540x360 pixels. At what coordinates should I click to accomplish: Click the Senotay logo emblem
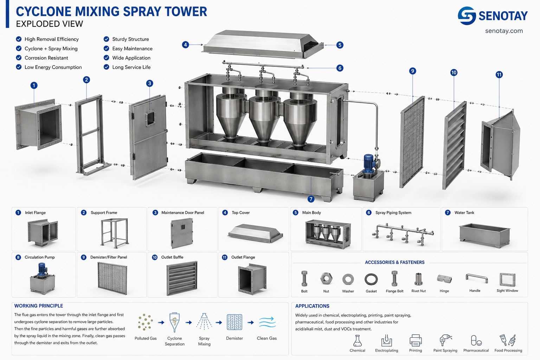pyautogui.click(x=467, y=16)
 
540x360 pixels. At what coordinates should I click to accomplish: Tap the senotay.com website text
pyautogui.click(x=504, y=31)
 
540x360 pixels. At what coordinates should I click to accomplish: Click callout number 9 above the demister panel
pyautogui.click(x=412, y=71)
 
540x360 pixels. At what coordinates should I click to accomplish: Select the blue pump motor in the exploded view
pyautogui.click(x=368, y=163)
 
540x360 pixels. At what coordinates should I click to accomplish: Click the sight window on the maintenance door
pyautogui.click(x=151, y=118)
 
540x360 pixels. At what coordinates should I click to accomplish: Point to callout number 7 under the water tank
pyautogui.click(x=311, y=199)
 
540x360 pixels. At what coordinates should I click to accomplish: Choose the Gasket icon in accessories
pyautogui.click(x=371, y=279)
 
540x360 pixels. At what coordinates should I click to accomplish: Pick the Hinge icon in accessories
pyautogui.click(x=444, y=279)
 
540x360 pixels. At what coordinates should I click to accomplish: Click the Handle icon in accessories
pyautogui.click(x=477, y=278)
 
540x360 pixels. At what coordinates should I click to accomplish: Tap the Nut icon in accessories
pyautogui.click(x=326, y=278)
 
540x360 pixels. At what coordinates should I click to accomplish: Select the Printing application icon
pyautogui.click(x=415, y=340)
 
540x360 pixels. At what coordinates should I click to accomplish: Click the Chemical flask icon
pyautogui.click(x=357, y=340)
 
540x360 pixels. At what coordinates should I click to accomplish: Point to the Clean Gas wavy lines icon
pyautogui.click(x=267, y=322)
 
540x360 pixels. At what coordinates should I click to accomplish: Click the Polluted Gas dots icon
pyautogui.click(x=145, y=322)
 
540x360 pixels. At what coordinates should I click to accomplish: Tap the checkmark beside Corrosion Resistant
pyautogui.click(x=19, y=58)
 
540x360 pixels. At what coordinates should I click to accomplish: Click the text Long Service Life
pyautogui.click(x=131, y=67)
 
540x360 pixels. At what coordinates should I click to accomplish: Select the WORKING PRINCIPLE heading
pyautogui.click(x=39, y=306)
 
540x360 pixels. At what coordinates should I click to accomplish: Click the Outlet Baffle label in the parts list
pyautogui.click(x=172, y=257)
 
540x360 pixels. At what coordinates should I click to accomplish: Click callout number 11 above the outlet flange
pyautogui.click(x=499, y=75)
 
